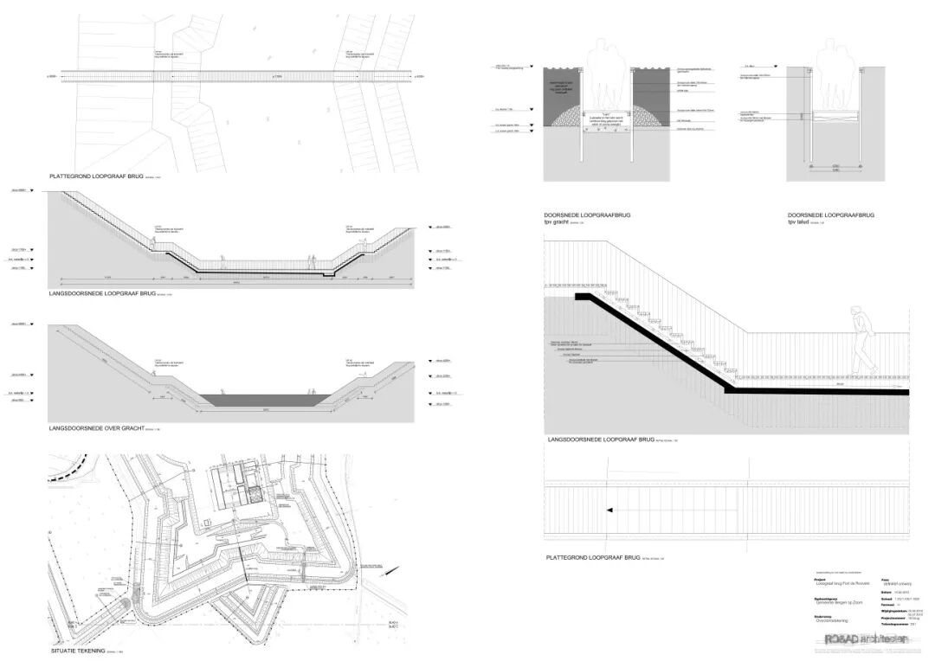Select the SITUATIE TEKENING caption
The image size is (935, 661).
78,650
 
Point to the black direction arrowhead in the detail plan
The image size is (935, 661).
609,510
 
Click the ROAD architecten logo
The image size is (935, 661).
866,639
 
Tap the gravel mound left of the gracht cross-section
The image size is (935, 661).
563,115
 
